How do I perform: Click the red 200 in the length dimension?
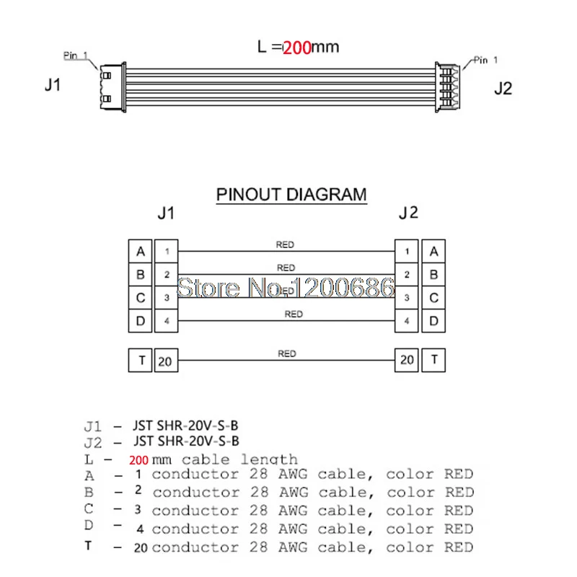pyautogui.click(x=296, y=48)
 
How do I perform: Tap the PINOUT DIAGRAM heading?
pyautogui.click(x=291, y=195)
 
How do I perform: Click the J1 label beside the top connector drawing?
pyautogui.click(x=52, y=85)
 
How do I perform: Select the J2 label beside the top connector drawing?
pyautogui.click(x=503, y=89)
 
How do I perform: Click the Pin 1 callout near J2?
pyautogui.click(x=485, y=61)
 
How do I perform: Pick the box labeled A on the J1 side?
pyautogui.click(x=140, y=252)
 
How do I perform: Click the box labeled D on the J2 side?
pyautogui.click(x=433, y=320)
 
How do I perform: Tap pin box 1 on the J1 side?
pyautogui.click(x=167, y=252)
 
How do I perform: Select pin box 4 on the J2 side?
pyautogui.click(x=408, y=320)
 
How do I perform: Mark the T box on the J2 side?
pyautogui.click(x=433, y=359)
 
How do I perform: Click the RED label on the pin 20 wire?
pyautogui.click(x=286, y=354)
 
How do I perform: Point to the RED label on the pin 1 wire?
pyautogui.click(x=285, y=245)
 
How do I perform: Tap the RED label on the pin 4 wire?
pyautogui.click(x=294, y=314)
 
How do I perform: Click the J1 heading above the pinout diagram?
pyautogui.click(x=166, y=214)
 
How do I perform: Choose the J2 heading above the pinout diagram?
pyautogui.click(x=408, y=213)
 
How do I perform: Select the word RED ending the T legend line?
pyautogui.click(x=458, y=547)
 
